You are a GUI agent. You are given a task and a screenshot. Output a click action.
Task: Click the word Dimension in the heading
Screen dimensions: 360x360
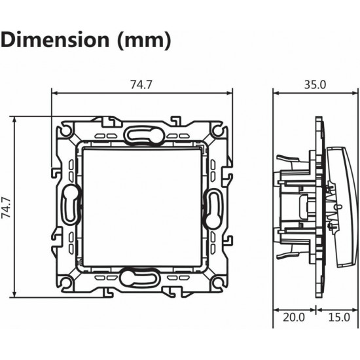click(55, 40)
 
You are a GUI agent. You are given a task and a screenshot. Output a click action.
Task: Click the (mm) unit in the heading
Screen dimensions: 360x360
click(144, 41)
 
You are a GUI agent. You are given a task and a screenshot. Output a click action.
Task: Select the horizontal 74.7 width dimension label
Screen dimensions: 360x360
click(141, 84)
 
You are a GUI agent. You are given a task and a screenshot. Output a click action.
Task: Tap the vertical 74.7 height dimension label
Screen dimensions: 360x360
click(6, 207)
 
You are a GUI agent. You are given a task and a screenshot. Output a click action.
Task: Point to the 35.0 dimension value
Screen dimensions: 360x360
click(315, 84)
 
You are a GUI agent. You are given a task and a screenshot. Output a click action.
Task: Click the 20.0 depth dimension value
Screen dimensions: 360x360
click(294, 317)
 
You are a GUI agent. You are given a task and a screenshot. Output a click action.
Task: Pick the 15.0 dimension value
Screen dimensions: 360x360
click(339, 317)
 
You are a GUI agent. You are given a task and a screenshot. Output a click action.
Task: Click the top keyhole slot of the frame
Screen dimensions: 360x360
click(144, 136)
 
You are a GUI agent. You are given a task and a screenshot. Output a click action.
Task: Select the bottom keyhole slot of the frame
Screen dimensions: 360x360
click(139, 278)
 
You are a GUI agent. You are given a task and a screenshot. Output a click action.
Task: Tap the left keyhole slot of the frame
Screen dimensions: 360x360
click(71, 204)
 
